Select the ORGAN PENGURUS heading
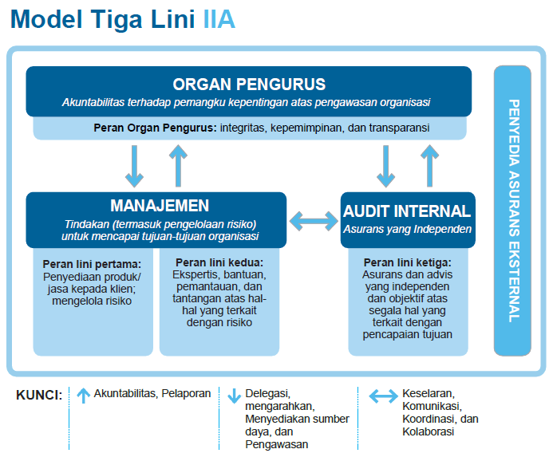[x=249, y=85]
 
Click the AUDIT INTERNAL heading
[x=407, y=211]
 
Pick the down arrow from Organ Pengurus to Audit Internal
[x=386, y=165]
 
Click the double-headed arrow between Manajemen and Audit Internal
[x=314, y=219]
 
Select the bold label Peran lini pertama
[x=92, y=263]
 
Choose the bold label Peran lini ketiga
[x=407, y=262]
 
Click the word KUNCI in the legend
[x=39, y=395]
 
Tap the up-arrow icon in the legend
[x=83, y=395]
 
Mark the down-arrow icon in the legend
[x=234, y=396]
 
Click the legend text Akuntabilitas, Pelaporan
[x=152, y=393]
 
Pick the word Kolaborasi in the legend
[x=429, y=431]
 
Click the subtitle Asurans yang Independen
[x=407, y=229]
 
